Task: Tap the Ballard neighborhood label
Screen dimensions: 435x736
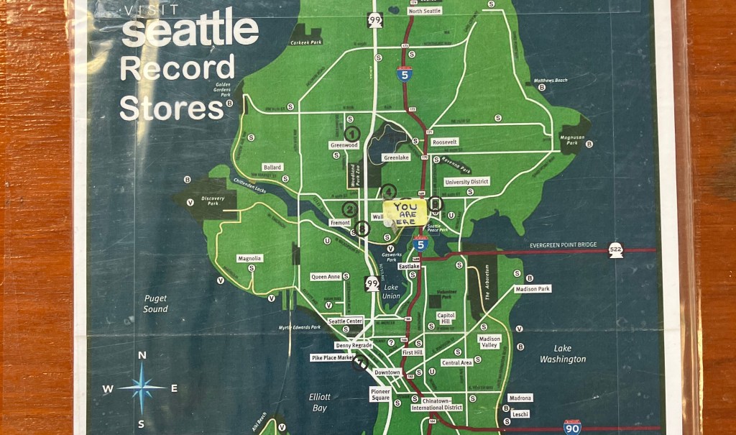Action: click(272, 167)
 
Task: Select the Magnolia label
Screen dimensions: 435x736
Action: click(249, 258)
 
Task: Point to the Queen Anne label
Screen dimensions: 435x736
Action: click(326, 277)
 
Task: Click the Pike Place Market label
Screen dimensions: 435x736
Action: click(332, 357)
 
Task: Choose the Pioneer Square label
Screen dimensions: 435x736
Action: click(380, 393)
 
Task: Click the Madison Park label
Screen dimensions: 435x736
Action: click(533, 289)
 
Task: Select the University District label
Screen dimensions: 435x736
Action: click(467, 182)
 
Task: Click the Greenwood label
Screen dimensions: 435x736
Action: click(344, 145)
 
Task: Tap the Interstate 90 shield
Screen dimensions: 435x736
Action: click(572, 427)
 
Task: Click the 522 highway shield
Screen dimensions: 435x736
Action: click(615, 249)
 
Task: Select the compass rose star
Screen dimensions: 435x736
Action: click(142, 388)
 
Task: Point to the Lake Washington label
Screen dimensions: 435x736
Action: click(563, 354)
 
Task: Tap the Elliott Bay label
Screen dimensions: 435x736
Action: click(320, 402)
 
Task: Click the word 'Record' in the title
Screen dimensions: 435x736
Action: click(177, 68)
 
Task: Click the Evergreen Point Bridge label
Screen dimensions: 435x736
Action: click(563, 245)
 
